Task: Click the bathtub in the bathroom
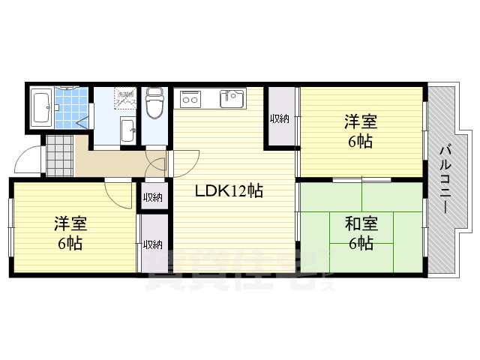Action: pos(40,109)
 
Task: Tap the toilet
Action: pos(155,103)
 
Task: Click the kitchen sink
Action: pos(232,98)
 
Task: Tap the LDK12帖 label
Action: pos(229,191)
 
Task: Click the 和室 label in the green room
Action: pos(361,223)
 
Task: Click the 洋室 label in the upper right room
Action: pos(361,121)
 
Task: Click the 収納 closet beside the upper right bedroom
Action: pos(280,118)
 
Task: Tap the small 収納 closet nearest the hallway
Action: pos(153,197)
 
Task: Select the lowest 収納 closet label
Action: pos(153,244)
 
